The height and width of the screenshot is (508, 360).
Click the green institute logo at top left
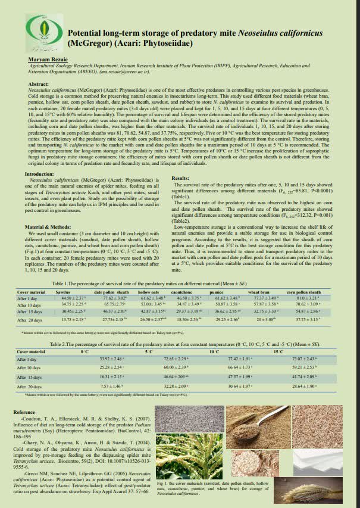(x=45, y=30)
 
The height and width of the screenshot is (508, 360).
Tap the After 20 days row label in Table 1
(x=31, y=320)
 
